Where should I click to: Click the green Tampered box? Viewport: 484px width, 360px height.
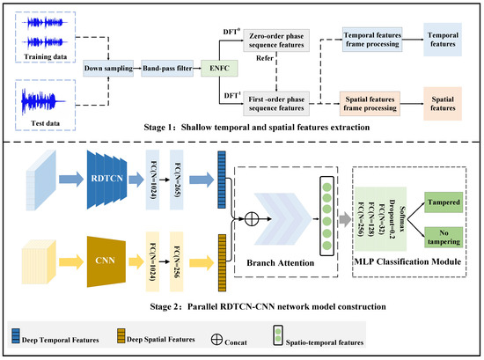coord(445,205)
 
